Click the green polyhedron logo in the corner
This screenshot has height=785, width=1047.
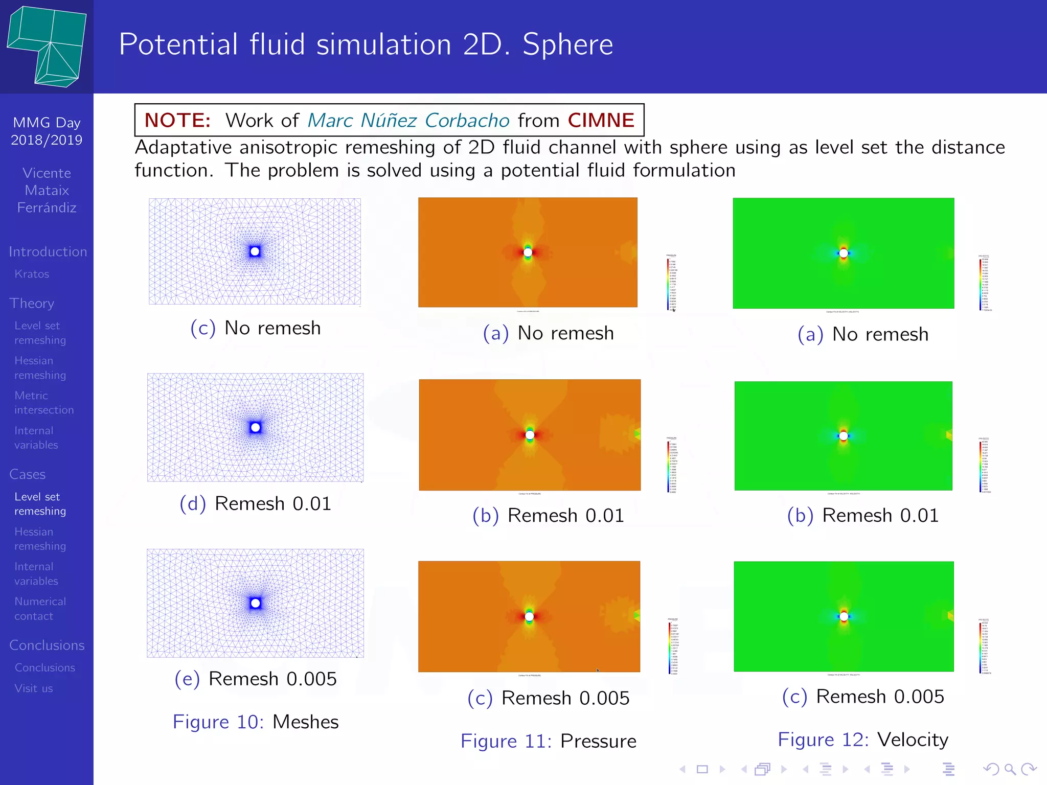pyautogui.click(x=47, y=46)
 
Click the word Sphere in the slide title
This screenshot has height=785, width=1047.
pyautogui.click(x=567, y=44)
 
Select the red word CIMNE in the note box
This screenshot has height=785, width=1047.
pyautogui.click(x=601, y=120)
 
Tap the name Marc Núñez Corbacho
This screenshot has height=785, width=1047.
pyautogui.click(x=408, y=120)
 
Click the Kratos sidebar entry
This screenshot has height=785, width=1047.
pyautogui.click(x=32, y=274)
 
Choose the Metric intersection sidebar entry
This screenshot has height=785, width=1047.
pyautogui.click(x=44, y=403)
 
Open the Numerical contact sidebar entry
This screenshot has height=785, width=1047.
pyautogui.click(x=40, y=609)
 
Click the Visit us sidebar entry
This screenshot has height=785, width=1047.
pyautogui.click(x=34, y=688)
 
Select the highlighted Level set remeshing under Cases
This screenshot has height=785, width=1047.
pyautogui.click(x=40, y=504)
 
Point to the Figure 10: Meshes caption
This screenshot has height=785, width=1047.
pyautogui.click(x=256, y=722)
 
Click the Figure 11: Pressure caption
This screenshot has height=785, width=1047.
pyautogui.click(x=549, y=741)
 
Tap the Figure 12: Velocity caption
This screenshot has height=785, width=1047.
pyautogui.click(x=863, y=740)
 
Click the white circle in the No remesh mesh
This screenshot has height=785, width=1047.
pyautogui.click(x=255, y=251)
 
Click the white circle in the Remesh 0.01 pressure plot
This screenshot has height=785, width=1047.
pyautogui.click(x=530, y=435)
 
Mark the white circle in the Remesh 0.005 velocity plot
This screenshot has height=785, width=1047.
pyautogui.click(x=844, y=616)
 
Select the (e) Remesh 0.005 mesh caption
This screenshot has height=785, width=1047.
pyautogui.click(x=256, y=679)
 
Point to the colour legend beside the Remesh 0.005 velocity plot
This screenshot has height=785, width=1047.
pyautogui.click(x=985, y=646)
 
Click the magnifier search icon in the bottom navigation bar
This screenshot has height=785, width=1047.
pyautogui.click(x=1010, y=769)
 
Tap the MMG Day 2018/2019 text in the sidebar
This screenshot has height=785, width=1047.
pyautogui.click(x=47, y=131)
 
